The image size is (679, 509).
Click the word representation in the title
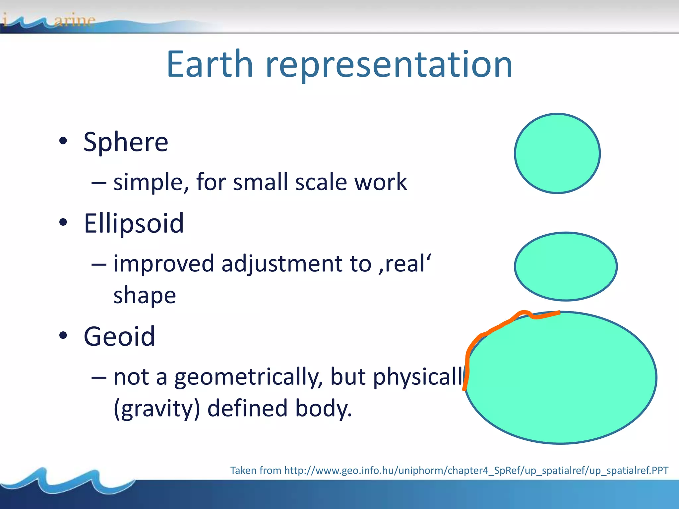pyautogui.click(x=389, y=65)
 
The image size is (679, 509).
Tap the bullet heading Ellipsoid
pyautogui.click(x=134, y=223)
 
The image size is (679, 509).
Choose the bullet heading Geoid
pyautogui.click(x=119, y=336)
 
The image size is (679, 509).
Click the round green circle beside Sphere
pyautogui.click(x=557, y=153)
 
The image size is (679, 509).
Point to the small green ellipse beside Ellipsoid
pyautogui.click(x=566, y=266)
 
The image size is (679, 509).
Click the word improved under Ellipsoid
pyautogui.click(x=164, y=264)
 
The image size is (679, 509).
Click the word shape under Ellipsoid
pyautogui.click(x=145, y=296)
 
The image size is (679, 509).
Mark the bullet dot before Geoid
pyautogui.click(x=63, y=336)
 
